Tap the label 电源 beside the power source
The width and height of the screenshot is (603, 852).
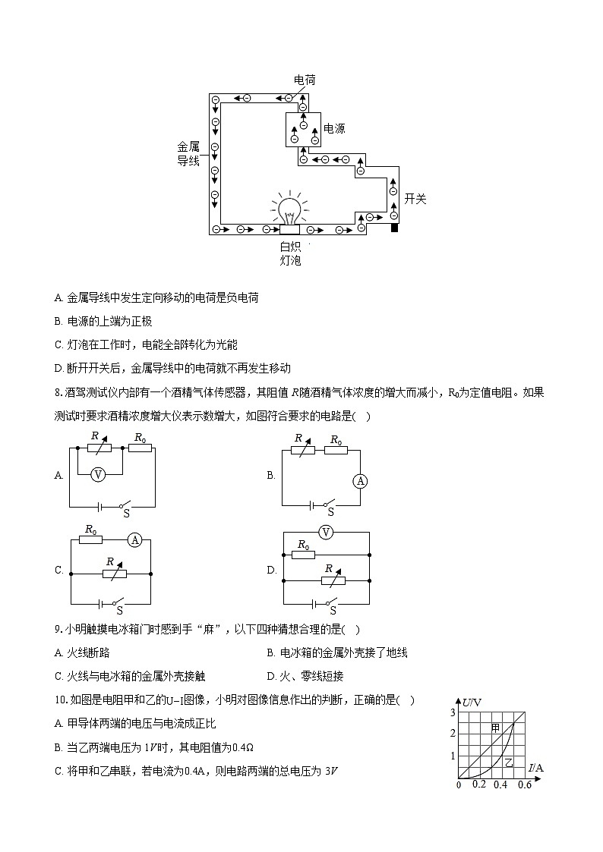pos(334,129)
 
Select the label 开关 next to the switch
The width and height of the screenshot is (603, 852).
pos(415,199)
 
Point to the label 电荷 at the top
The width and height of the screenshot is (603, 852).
pos(305,80)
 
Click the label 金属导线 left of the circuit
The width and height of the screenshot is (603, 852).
pos(188,153)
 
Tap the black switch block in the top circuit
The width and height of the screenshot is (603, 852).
pos(394,228)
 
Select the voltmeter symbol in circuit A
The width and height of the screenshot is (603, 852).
pos(97,474)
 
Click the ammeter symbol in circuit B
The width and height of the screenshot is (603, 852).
pos(361,481)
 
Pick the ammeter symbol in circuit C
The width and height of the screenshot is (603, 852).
pos(135,539)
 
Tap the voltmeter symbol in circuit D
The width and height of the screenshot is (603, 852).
pos(326,533)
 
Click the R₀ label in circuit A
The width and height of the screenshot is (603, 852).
pos(140,438)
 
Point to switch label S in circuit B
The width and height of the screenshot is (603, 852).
pos(330,512)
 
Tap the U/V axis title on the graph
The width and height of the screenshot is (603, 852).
pos(472,702)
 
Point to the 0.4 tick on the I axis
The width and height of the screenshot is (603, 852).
pos(500,784)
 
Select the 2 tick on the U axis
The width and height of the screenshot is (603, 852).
pos(453,733)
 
